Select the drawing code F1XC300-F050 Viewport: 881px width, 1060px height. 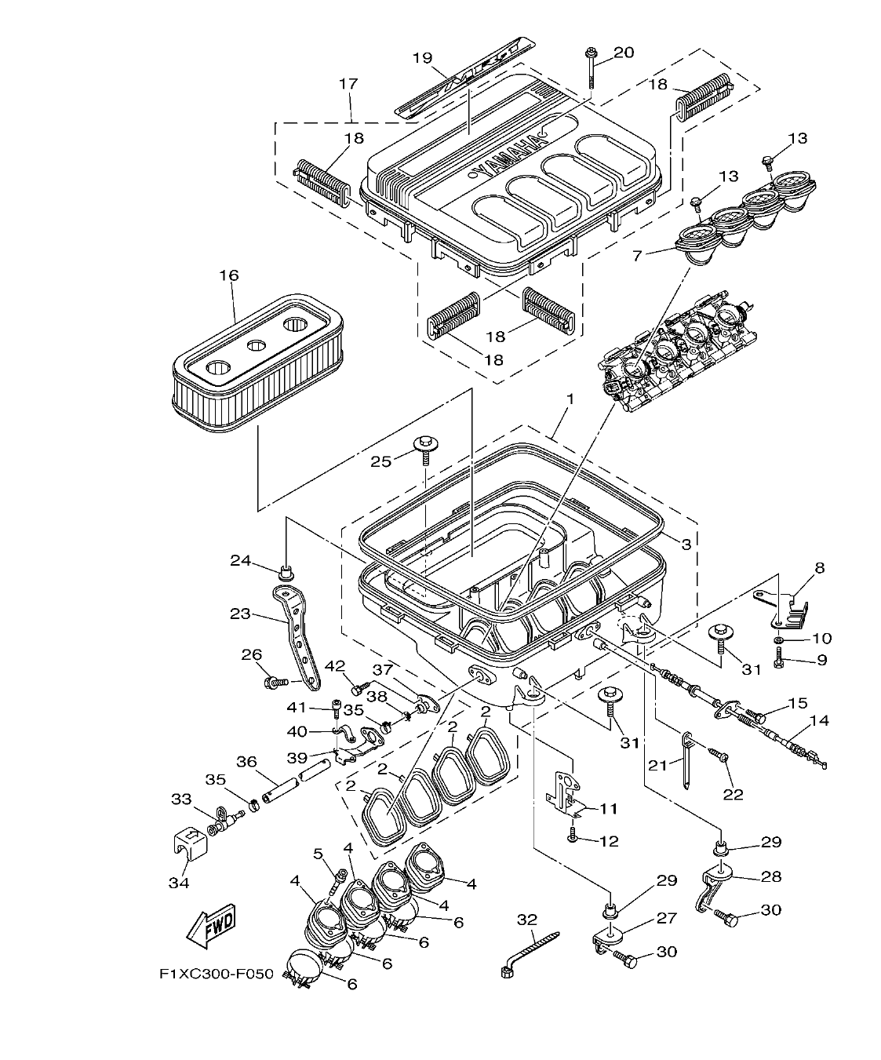tap(216, 974)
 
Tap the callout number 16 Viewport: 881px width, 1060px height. tap(229, 275)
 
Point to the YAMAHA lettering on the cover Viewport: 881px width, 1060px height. tap(509, 157)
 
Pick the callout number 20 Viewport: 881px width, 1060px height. tap(623, 53)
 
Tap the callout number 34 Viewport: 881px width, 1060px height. tap(179, 883)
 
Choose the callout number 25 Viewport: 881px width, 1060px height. tap(381, 461)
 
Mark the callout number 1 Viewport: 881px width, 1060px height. tap(570, 399)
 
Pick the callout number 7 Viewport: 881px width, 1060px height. tap(637, 256)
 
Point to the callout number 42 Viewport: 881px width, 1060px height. tap(335, 667)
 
